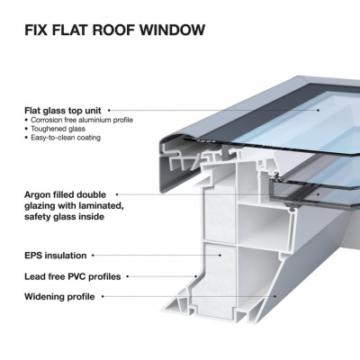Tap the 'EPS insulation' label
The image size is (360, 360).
pyautogui.click(x=52, y=256)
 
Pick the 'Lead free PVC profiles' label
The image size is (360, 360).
pyautogui.click(x=71, y=276)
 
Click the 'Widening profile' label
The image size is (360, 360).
pyautogui.click(x=58, y=296)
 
